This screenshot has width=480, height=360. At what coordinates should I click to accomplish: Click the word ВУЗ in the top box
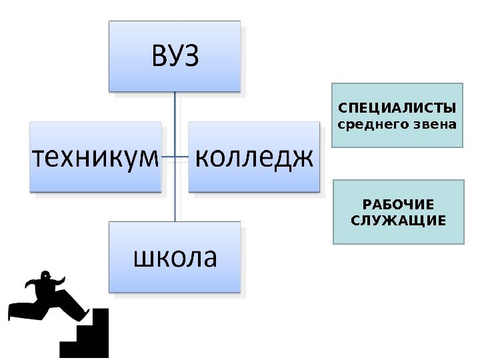pos(175,56)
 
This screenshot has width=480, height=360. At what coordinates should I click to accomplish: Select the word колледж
pos(254,159)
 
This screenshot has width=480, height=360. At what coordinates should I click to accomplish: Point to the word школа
pos(175,257)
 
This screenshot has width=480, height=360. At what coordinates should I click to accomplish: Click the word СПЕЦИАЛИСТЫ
pos(397,109)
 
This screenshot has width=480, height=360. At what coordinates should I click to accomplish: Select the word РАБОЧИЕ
pos(397,205)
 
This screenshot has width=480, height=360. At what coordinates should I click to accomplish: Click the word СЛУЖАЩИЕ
pos(397,220)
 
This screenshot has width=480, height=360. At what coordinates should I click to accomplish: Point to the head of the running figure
pos(45,275)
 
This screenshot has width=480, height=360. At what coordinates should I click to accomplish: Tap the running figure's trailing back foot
pos(12,311)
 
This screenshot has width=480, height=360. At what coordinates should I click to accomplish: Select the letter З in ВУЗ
pos(191,56)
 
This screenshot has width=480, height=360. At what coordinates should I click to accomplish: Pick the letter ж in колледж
pos(302,159)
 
